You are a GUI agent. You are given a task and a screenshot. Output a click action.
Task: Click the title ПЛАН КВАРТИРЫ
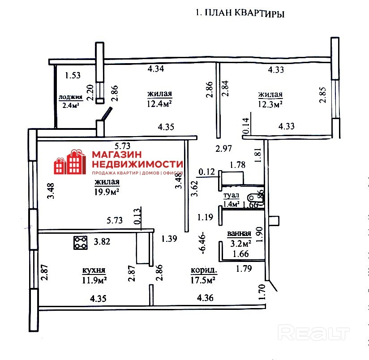[x=240, y=13]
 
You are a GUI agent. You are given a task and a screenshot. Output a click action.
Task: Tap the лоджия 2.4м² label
[x=70, y=101]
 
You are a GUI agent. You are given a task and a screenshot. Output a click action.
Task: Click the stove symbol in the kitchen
[x=81, y=243]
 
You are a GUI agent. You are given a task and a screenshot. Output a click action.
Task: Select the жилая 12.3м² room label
[x=270, y=99]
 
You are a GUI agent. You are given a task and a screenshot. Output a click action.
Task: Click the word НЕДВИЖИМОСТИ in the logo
[x=137, y=164]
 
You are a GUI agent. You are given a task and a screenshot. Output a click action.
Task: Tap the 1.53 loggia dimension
[x=72, y=75]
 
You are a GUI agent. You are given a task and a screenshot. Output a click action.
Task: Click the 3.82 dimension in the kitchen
[x=102, y=242]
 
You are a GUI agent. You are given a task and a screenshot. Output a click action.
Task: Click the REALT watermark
[x=313, y=333]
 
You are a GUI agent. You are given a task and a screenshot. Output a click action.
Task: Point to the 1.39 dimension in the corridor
[x=169, y=239]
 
